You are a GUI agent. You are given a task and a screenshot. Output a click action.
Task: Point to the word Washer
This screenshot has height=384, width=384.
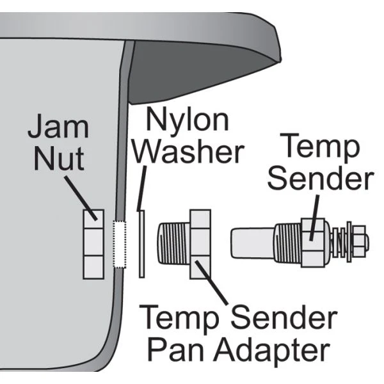point(192,152)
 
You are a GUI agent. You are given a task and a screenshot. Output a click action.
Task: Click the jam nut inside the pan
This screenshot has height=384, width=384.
point(93,244)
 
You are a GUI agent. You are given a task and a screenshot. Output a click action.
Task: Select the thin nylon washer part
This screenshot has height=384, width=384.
point(142,243)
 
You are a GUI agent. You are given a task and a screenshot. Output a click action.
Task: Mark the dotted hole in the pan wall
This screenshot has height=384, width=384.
point(117,244)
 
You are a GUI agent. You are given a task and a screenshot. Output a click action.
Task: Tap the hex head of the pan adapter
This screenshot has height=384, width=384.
point(200,244)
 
